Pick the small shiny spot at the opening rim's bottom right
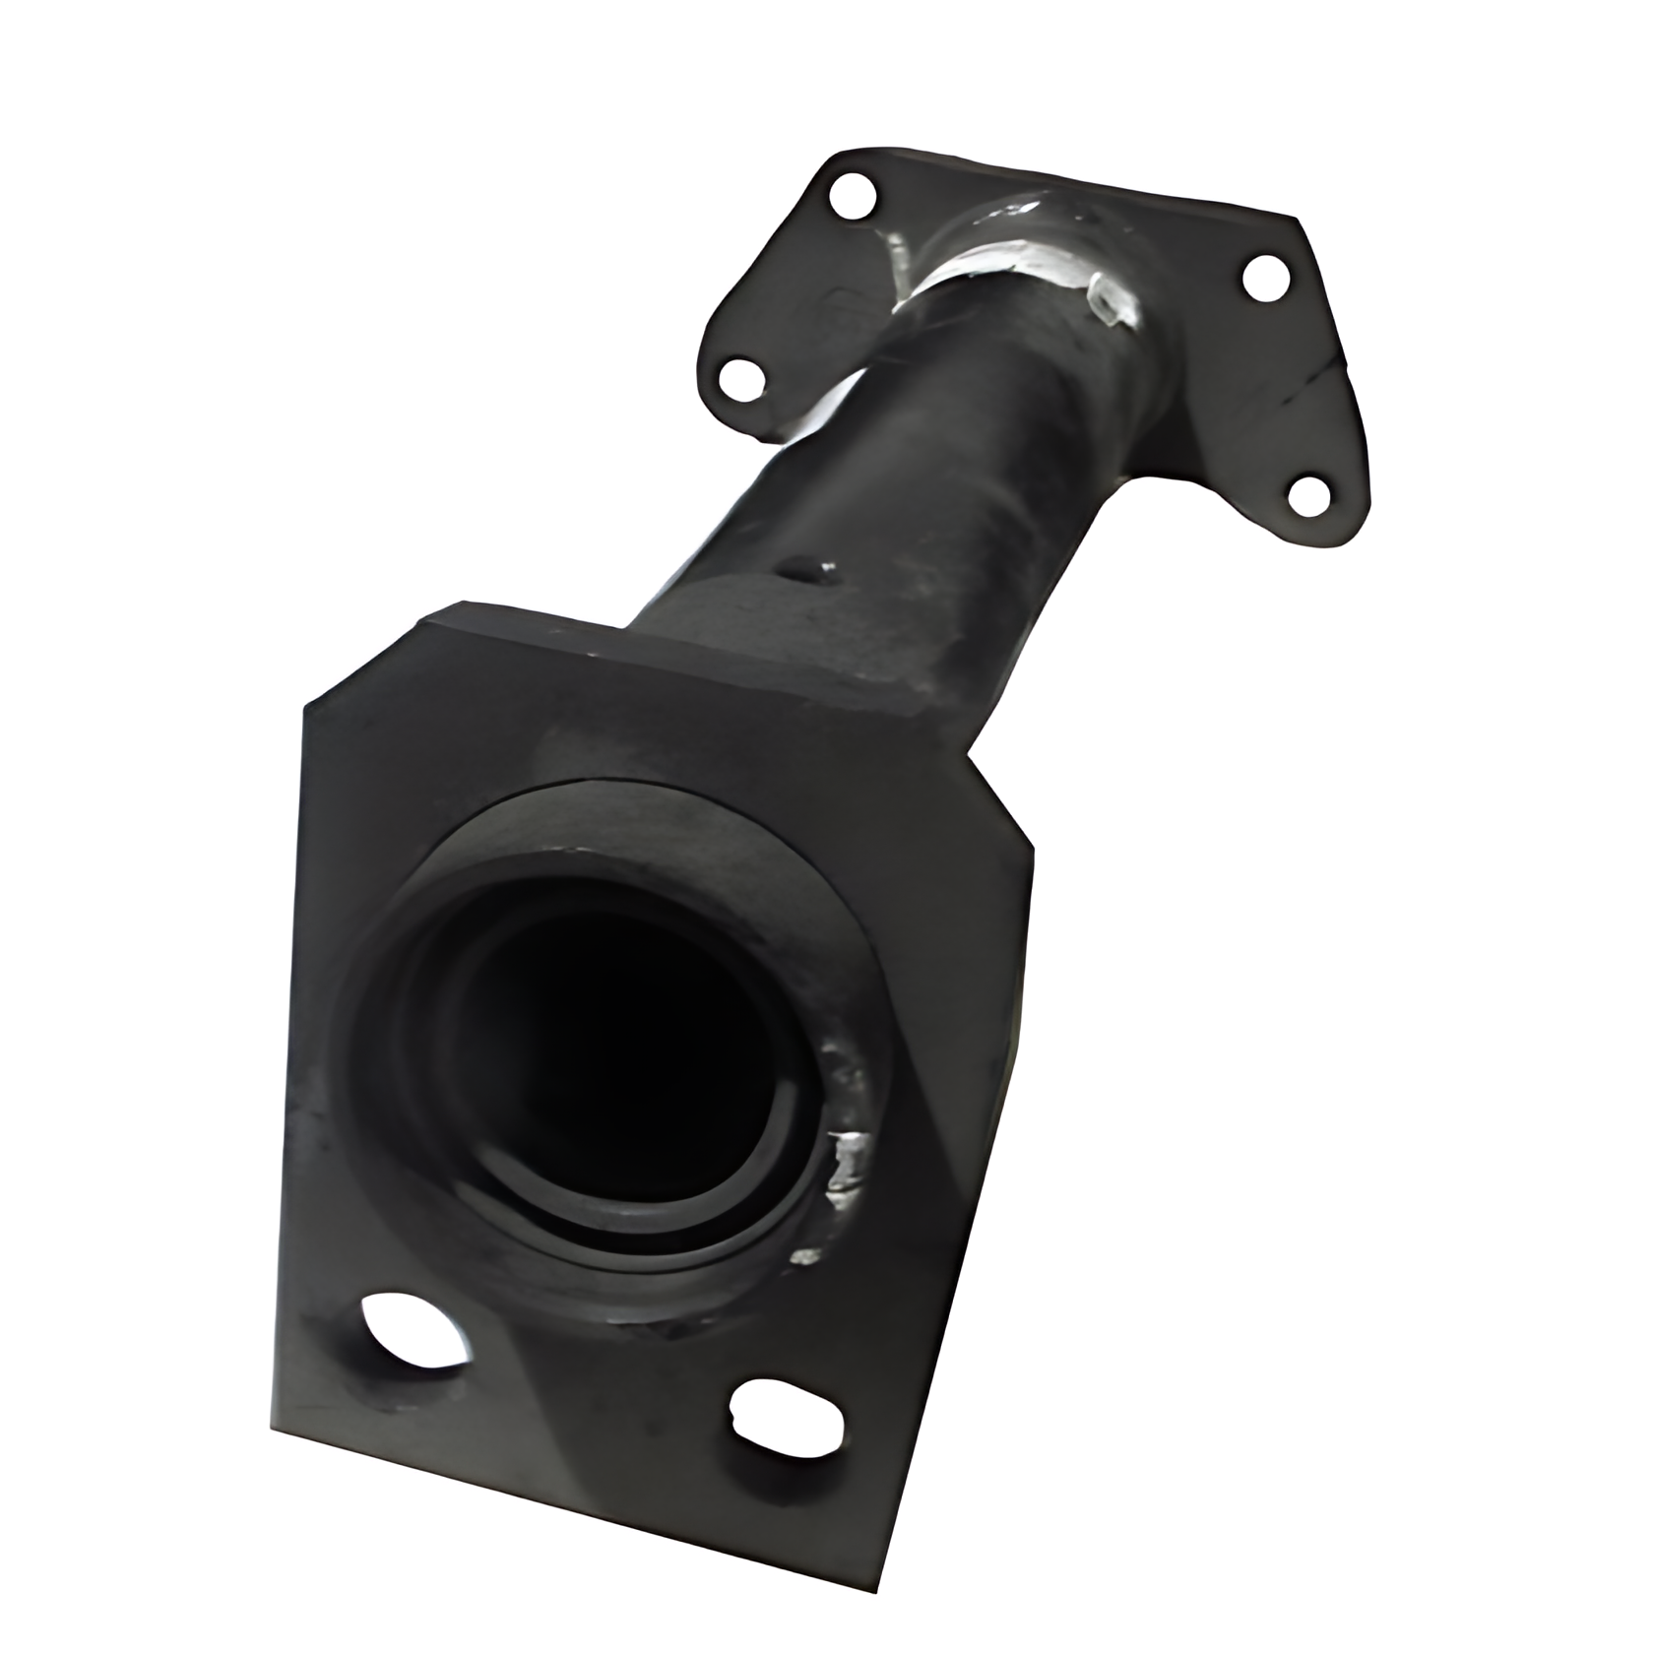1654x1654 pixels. tap(805, 1256)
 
